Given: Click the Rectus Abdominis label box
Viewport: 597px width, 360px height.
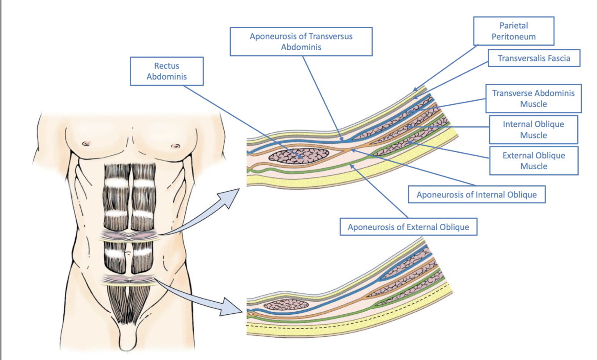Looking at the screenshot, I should click(166, 71).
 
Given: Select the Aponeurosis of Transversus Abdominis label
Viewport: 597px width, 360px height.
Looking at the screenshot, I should click(301, 42).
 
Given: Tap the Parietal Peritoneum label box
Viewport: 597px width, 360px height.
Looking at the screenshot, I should click(513, 31).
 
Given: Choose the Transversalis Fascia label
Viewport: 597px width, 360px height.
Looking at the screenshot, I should click(533, 58).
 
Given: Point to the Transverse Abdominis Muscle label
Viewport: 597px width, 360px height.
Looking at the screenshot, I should click(533, 99).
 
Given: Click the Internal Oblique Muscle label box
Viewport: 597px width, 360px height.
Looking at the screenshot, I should click(533, 129).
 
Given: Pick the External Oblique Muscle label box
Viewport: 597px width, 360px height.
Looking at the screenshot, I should click(533, 161).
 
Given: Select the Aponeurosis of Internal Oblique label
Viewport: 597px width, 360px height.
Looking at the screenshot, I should click(476, 195).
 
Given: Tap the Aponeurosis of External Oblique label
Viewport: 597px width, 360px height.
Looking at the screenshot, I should click(408, 227).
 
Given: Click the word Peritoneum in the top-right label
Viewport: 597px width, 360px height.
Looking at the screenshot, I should click(513, 37).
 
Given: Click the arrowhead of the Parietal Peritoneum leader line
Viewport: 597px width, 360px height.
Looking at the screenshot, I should click(416, 90).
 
